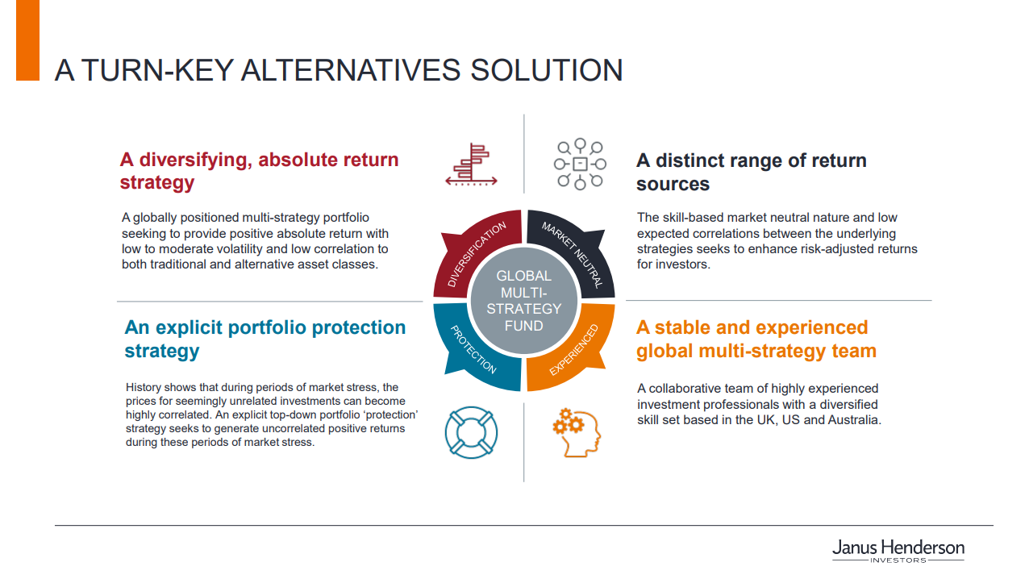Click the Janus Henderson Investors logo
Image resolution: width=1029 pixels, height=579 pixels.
[898, 551]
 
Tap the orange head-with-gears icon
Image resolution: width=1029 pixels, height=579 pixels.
[577, 432]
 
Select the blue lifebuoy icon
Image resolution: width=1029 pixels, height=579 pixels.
[471, 432]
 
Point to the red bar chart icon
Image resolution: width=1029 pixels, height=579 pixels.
[471, 165]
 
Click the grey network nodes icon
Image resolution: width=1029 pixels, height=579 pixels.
[580, 164]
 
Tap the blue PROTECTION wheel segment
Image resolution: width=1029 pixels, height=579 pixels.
[473, 349]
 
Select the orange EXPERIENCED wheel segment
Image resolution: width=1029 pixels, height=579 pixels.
[574, 349]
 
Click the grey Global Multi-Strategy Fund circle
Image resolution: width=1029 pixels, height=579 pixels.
[523, 301]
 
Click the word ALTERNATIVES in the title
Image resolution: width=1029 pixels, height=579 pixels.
[350, 70]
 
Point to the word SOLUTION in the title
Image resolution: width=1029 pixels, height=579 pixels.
[547, 70]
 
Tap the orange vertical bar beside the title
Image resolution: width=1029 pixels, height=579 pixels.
[27, 40]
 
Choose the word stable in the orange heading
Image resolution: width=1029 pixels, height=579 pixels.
[682, 327]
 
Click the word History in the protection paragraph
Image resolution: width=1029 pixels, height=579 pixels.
[144, 387]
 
